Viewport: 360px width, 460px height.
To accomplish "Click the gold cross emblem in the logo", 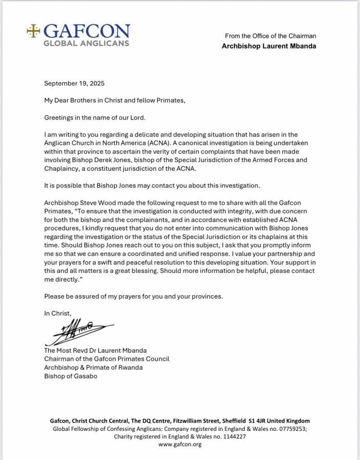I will pos(33,31).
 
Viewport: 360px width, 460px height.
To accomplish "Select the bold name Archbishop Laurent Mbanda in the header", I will pos(269,46).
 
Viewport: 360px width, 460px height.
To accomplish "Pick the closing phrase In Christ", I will pos(57,314).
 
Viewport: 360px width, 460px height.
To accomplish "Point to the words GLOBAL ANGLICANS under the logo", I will pos(87,43).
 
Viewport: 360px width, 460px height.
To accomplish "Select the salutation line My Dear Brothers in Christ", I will pos(114,100).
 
